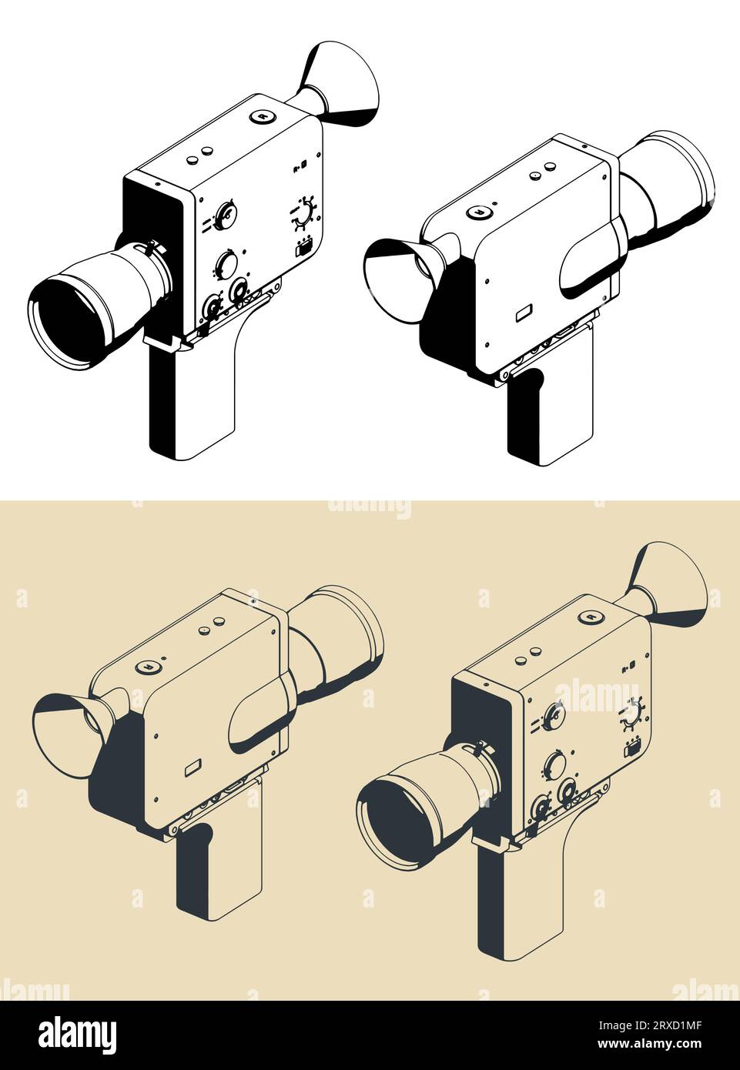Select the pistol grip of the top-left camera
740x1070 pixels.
point(193,404)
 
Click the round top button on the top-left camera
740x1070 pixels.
point(263,116)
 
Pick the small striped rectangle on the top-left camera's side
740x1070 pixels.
point(303,247)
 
